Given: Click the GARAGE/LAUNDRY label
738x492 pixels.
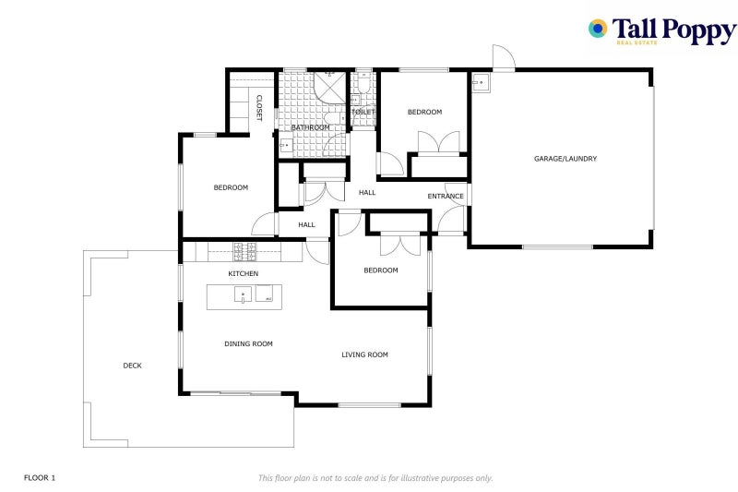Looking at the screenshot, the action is (x=565, y=159).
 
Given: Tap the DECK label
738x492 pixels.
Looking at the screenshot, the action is (x=132, y=366).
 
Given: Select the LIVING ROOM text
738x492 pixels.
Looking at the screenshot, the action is (x=364, y=354).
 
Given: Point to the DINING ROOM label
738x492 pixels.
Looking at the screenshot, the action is (x=248, y=343).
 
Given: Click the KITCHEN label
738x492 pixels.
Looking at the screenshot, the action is (x=244, y=273).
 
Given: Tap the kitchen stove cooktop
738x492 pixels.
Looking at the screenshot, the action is (x=245, y=252).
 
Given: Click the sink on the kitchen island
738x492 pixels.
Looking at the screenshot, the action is (x=243, y=294).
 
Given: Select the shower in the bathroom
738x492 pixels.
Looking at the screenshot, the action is (x=330, y=87).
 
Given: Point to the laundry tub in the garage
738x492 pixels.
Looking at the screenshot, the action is (x=481, y=83).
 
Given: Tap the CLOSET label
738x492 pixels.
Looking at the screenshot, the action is (x=259, y=108).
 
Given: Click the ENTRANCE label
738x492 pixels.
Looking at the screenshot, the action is (x=446, y=196).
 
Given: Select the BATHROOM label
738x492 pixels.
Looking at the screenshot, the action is (x=311, y=127).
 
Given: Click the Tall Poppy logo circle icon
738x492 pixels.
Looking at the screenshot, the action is (x=598, y=29).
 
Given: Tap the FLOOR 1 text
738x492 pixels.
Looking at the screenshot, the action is (x=40, y=478).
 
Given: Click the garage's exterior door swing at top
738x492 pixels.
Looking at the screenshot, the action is (x=504, y=57).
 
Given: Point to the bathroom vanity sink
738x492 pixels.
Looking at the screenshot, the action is (x=286, y=146).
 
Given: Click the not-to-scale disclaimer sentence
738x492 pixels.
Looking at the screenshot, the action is (x=375, y=478).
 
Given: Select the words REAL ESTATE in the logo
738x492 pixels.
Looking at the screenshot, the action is (x=637, y=42).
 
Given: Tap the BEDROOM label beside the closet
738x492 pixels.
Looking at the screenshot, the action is (x=231, y=187).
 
